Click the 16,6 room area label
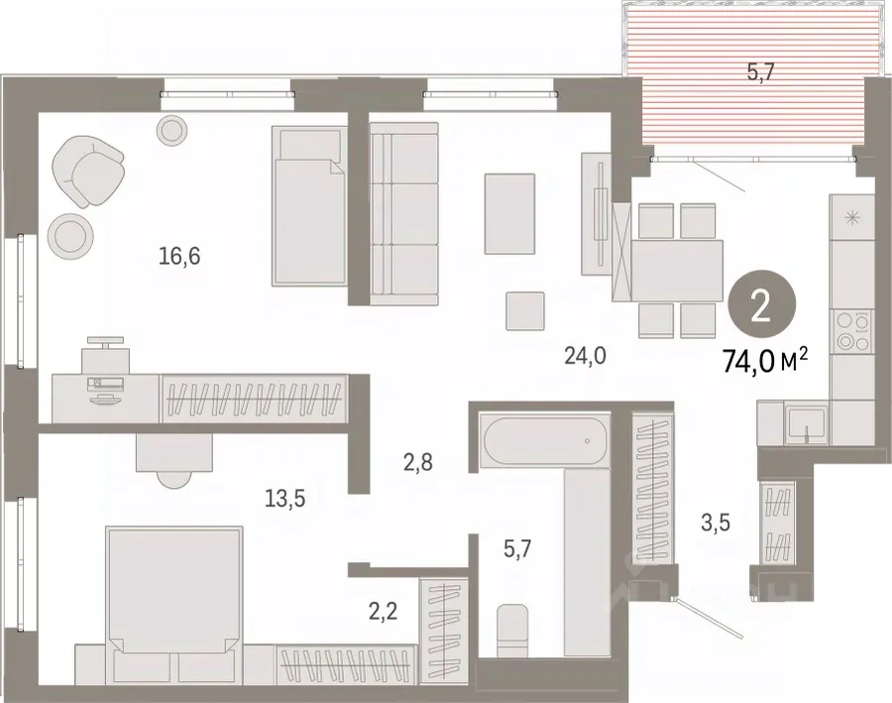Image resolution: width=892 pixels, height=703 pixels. coord(179,257)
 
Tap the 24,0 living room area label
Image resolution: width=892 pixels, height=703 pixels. coord(586,356)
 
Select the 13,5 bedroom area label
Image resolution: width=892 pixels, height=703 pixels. coord(285,499)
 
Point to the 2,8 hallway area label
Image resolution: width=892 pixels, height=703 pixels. coord(418,463)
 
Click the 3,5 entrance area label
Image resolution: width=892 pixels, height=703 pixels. coord(715,522)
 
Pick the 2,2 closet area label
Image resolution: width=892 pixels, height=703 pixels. coord(383,612)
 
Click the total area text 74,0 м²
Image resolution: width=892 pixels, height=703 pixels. coord(764,360)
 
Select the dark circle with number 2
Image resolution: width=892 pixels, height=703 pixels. coord(760,307)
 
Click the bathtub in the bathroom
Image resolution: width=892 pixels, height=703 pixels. coord(543,440)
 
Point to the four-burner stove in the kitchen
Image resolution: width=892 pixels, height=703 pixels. coord(851,332)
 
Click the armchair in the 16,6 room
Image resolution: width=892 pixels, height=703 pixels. coord(88,171)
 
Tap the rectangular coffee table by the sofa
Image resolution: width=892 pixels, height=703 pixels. coord(509,214)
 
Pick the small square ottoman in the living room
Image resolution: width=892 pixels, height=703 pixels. coord(525,310)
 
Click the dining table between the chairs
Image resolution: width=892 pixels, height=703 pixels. coord(677,271)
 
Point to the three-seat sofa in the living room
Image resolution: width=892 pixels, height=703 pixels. coord(404,213)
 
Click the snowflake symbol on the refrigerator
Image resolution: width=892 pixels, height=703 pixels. coord(851,217)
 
